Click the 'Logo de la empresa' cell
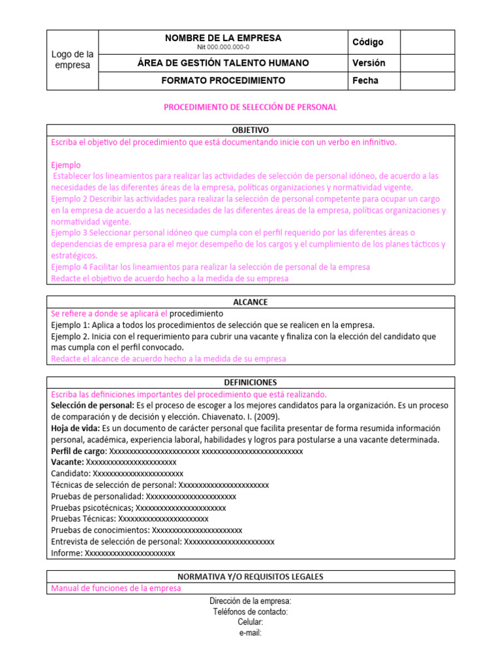tap(72, 59)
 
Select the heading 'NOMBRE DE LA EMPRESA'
tap(223, 38)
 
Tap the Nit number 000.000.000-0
tap(223, 47)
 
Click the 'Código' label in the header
tap(368, 42)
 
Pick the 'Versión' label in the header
tap(369, 63)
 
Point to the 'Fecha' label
tap(365, 81)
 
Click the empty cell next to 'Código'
tap(427, 42)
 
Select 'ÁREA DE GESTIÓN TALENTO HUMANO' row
tap(223, 63)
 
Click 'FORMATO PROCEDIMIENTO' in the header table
tap(223, 81)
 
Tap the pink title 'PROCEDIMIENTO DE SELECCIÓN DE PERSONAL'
tap(250, 106)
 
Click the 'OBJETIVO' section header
tap(250, 130)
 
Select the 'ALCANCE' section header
tap(250, 302)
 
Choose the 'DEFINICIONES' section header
tap(250, 382)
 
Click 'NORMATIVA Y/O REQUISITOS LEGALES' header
tap(250, 577)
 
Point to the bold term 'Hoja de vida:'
tap(75, 428)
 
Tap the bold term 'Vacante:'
tap(67, 462)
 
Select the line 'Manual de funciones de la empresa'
tap(115, 588)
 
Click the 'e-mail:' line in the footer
tap(250, 632)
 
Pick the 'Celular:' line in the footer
tap(250, 622)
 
